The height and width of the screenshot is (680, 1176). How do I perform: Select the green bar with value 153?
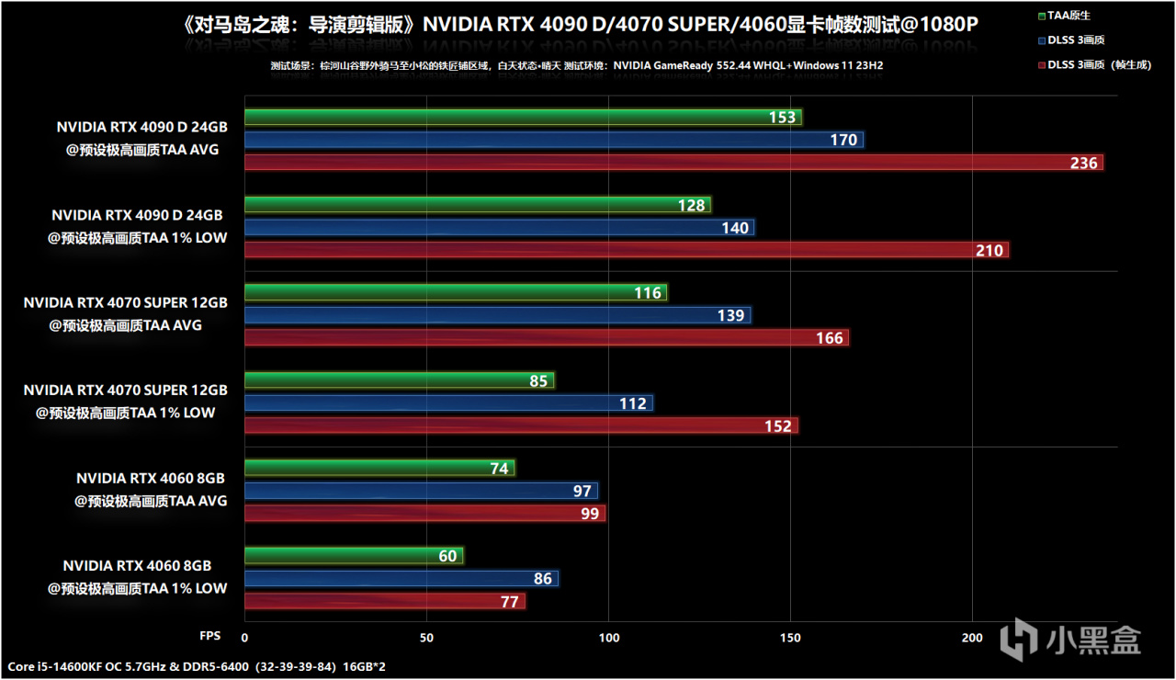pos(523,118)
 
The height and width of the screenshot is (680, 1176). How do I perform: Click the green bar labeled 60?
pos(354,556)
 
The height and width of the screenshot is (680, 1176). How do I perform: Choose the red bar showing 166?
pos(547,338)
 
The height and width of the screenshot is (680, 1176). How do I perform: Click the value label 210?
pos(989,250)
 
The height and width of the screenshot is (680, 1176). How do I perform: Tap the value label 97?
pos(582,492)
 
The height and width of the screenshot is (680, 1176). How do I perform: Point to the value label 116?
pos(648,293)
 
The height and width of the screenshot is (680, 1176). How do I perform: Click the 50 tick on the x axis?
pos(426,637)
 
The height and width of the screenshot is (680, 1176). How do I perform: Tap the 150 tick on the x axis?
pos(790,637)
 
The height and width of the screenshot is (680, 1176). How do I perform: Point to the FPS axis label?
pos(209,636)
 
